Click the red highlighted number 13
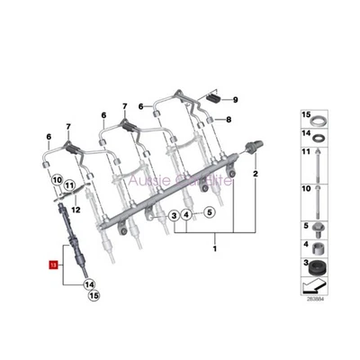click(x=52, y=266)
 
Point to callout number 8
click(x=229, y=119)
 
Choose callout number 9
click(x=235, y=99)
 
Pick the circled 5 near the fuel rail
click(x=207, y=213)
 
